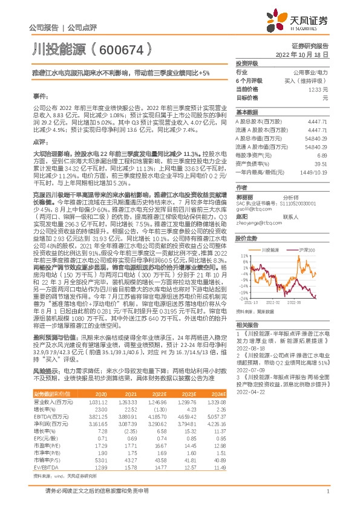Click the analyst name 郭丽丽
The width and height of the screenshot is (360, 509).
[244, 180]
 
